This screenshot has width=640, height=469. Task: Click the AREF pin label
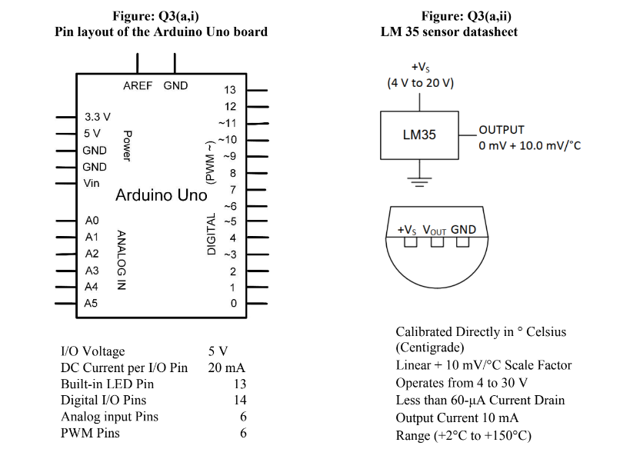pos(138,85)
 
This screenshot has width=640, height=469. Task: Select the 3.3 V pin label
pos(97,117)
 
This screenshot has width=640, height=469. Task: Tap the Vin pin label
pos(92,183)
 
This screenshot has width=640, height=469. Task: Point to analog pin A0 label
pos(92,221)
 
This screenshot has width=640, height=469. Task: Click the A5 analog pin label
pos(92,303)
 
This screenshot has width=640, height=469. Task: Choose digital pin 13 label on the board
pos(229,90)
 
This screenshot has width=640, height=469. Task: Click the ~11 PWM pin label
pos(227,123)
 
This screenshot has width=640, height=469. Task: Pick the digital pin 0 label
pos(233,303)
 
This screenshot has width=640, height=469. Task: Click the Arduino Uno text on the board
pos(161,195)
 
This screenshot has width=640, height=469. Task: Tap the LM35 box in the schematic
pos(419,135)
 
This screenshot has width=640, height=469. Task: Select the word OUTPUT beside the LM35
pos(501,130)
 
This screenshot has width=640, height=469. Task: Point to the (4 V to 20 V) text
pos(420,82)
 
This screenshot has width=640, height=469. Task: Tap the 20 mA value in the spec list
pos(227,368)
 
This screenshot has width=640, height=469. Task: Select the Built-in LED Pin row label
pos(107,384)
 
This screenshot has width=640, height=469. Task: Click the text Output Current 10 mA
pos(457,417)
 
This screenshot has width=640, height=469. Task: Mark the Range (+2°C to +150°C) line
pos(463,435)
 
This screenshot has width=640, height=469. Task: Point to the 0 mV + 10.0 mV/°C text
pos(529,146)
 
